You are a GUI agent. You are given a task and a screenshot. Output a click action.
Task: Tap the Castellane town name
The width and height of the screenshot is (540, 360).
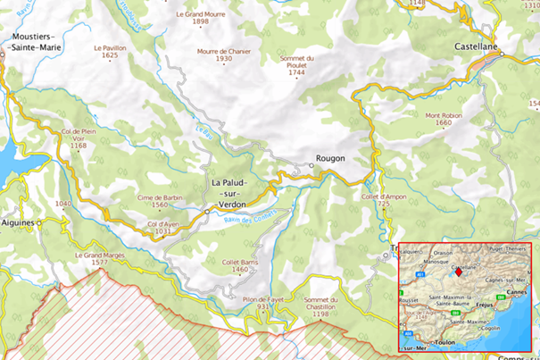coord(474,44)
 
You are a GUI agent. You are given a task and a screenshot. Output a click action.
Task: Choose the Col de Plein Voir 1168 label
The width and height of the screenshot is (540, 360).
coord(79,138)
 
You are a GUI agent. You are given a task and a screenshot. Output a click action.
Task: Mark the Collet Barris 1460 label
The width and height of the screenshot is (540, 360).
coord(240,265)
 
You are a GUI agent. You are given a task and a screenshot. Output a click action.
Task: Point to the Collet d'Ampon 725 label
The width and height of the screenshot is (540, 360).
coord(383,200)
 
